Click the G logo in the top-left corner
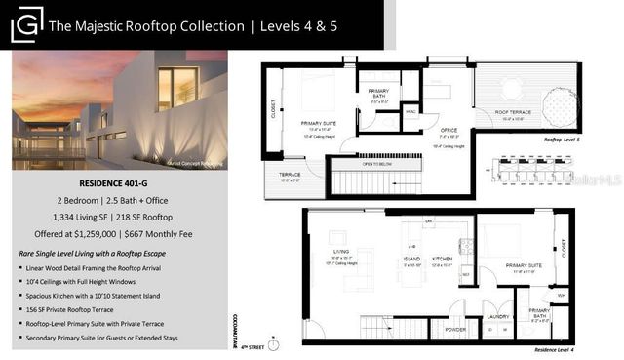26,24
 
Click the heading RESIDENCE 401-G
120,181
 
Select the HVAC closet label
411,111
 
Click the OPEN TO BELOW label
374,164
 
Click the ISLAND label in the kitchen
412,260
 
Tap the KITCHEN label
444,260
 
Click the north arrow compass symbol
275,343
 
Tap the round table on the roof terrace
511,88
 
